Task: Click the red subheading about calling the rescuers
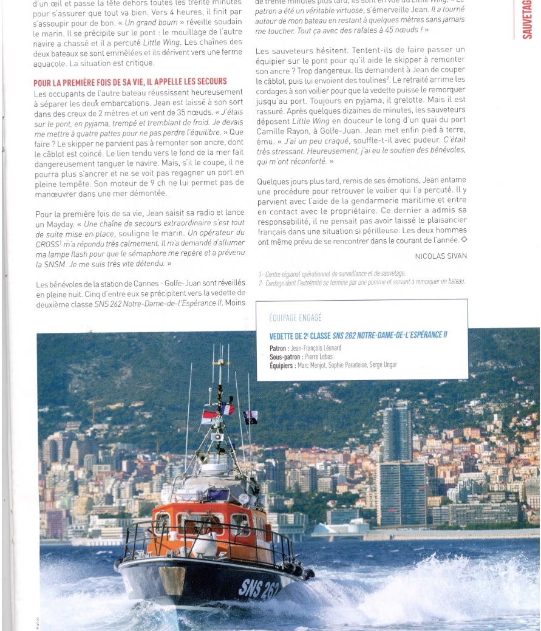[131, 81]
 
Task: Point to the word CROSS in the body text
[48, 245]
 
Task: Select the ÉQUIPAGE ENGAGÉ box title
[295, 318]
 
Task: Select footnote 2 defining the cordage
[362, 282]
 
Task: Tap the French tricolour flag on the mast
[227, 409]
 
